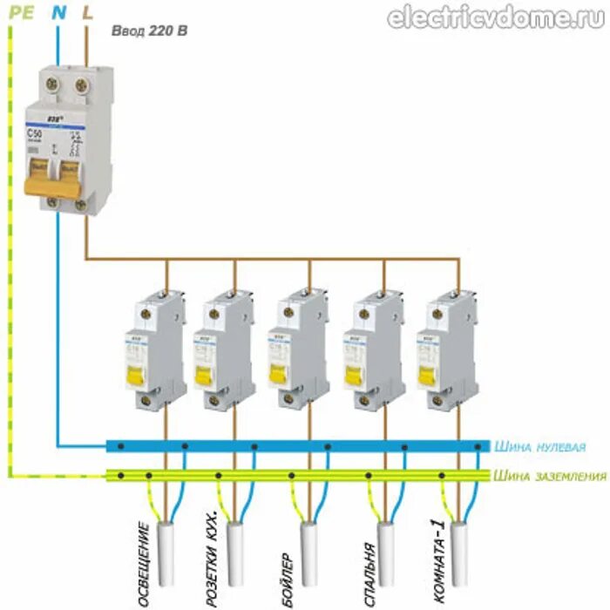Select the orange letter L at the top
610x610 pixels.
click(x=87, y=13)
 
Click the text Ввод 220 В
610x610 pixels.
click(x=149, y=31)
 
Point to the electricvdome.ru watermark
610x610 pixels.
click(x=496, y=18)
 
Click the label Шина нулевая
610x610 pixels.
click(x=539, y=447)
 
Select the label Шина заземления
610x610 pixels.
click(x=549, y=476)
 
